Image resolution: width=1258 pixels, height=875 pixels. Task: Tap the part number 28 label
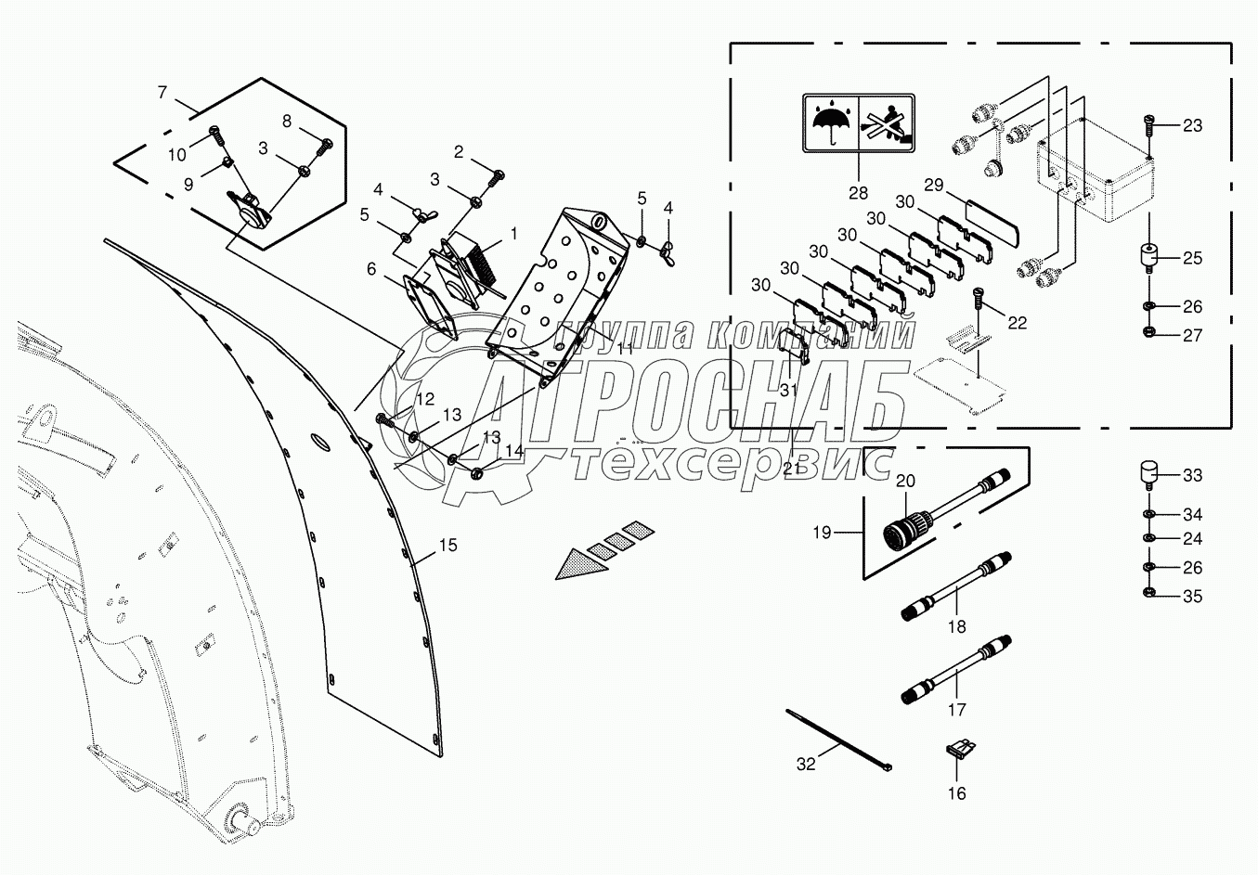858,193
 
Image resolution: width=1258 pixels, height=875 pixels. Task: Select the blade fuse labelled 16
957,749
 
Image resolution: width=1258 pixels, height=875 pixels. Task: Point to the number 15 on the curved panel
447,546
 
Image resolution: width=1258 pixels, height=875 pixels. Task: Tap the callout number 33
1192,475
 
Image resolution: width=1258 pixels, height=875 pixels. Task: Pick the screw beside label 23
1149,122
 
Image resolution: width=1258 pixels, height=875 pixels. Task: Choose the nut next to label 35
1148,595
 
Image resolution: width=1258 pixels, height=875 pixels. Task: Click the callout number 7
162,93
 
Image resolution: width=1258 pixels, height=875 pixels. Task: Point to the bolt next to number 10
216,136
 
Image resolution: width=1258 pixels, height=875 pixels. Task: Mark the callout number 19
822,533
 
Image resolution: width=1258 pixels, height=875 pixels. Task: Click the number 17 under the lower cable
957,710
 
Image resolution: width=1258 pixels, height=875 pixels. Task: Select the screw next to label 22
979,300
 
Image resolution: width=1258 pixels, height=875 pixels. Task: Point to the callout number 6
371,268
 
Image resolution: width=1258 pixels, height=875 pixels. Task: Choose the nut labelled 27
1148,333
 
